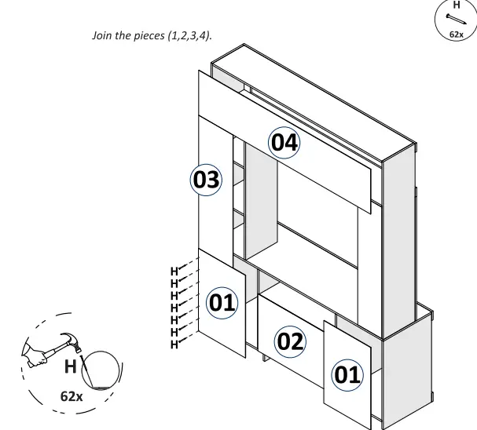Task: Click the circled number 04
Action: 284,143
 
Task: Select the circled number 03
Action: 207,180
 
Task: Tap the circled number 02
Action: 289,341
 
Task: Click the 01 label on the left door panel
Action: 222,302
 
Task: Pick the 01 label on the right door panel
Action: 347,374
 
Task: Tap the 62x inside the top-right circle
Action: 457,35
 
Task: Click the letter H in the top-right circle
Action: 457,5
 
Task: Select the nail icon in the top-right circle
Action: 455,20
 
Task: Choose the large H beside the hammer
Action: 71,366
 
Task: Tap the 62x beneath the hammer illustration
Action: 72,396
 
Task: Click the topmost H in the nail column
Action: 174,271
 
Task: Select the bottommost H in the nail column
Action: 174,344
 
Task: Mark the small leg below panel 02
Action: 266,359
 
